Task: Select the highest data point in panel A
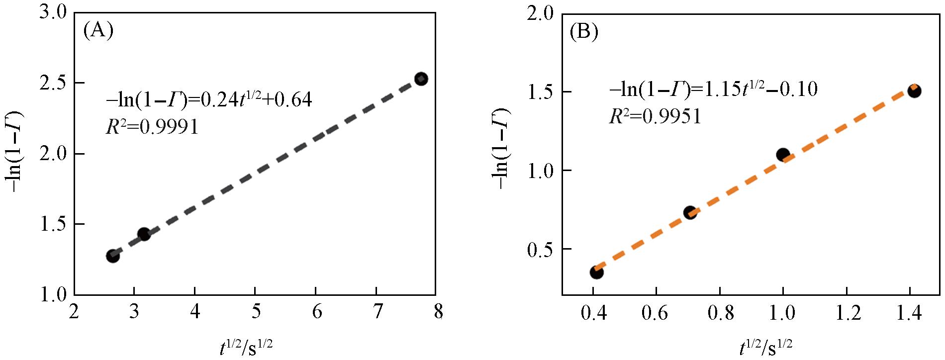(x=421, y=79)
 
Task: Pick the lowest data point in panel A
(x=113, y=256)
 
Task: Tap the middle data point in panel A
(x=144, y=234)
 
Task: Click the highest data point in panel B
(x=914, y=91)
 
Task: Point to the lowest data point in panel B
(x=596, y=272)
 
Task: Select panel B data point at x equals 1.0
(x=783, y=155)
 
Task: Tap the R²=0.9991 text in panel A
(x=152, y=128)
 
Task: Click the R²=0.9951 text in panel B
(x=655, y=116)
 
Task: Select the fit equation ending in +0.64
(x=209, y=100)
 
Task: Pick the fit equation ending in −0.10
(x=714, y=90)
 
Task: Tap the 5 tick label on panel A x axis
(x=255, y=312)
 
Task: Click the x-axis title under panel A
(x=246, y=347)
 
